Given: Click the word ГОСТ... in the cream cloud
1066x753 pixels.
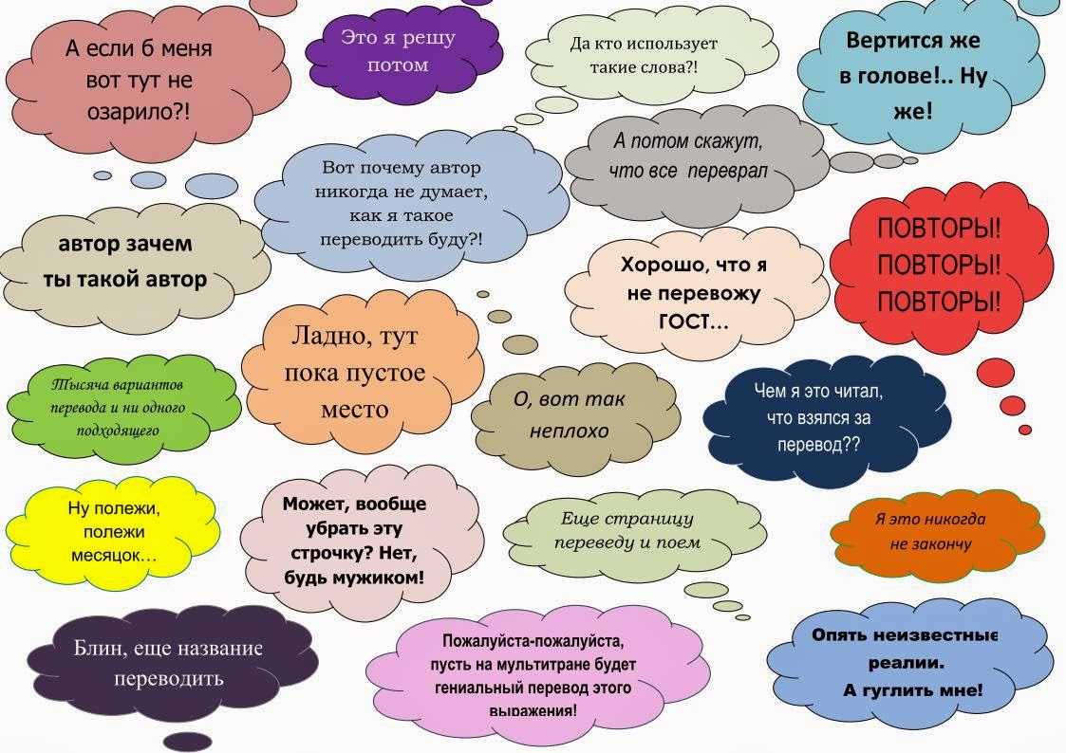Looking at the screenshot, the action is (x=694, y=322).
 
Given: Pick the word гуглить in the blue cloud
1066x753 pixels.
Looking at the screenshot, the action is (x=894, y=689).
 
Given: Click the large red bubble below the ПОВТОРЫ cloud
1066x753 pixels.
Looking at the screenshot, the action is (x=998, y=372).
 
